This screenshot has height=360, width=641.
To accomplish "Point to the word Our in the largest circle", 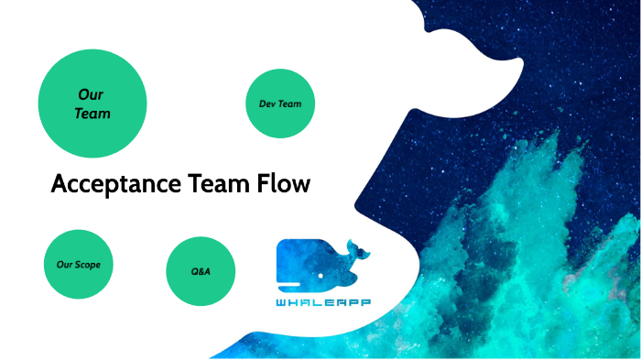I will point(90,93).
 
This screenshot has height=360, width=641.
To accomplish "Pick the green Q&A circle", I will point(201,272).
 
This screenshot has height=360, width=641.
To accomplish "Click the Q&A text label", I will point(201,272).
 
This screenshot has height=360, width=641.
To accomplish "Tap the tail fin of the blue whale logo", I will point(354,248).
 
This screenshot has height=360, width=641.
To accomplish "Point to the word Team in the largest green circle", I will point(92,115).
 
